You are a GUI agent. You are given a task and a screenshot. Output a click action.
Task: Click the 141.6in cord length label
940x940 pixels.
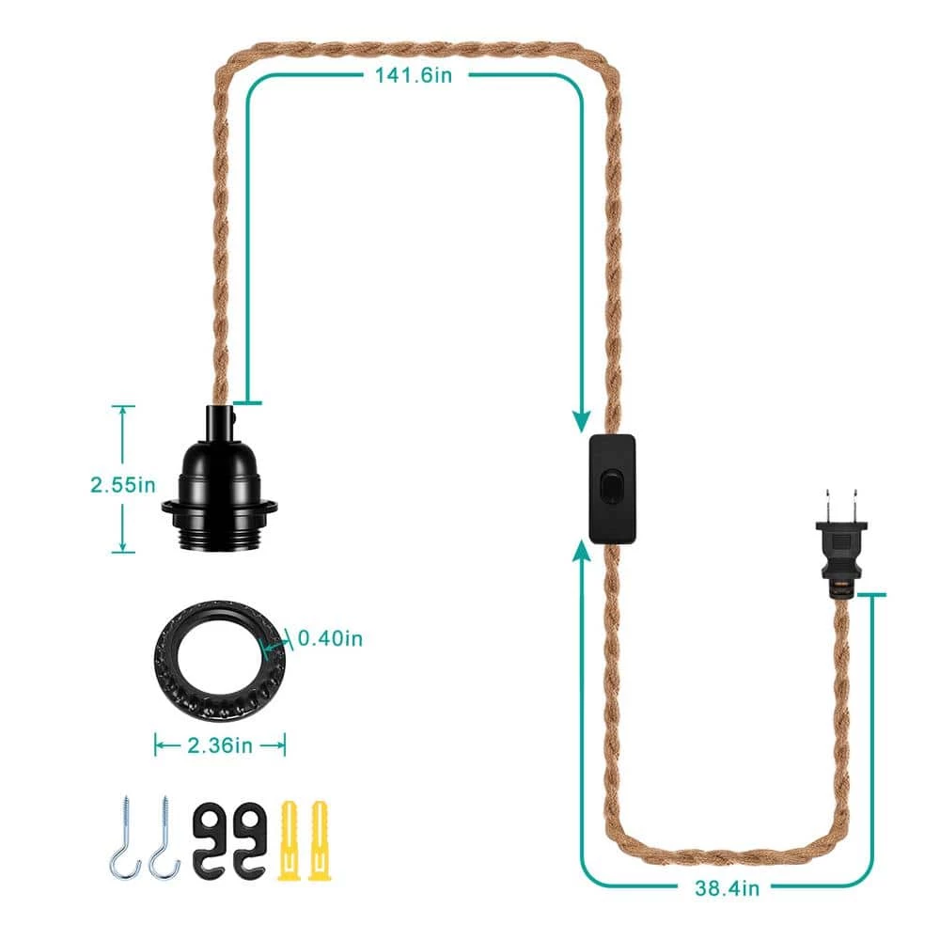tap(413, 75)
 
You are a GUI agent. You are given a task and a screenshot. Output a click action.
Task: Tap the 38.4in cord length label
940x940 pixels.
tap(728, 888)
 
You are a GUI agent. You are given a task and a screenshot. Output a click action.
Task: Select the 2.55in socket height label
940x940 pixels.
tap(123, 484)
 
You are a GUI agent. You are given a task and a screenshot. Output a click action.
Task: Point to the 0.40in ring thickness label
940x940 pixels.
tap(330, 638)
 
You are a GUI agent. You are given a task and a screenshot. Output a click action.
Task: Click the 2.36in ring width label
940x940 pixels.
tap(220, 745)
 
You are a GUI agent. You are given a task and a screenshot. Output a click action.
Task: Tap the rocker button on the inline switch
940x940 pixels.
tap(610, 486)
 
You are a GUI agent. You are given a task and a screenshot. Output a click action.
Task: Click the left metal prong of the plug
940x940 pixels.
tap(828, 505)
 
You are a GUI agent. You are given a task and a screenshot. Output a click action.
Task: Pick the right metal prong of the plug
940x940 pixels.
tap(854, 505)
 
